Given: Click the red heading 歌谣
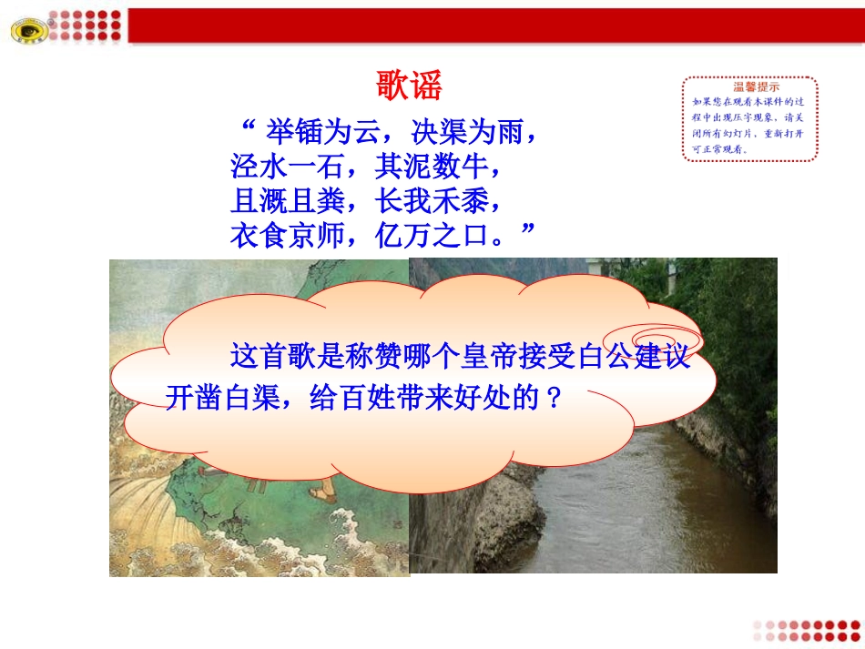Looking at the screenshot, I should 409,87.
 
